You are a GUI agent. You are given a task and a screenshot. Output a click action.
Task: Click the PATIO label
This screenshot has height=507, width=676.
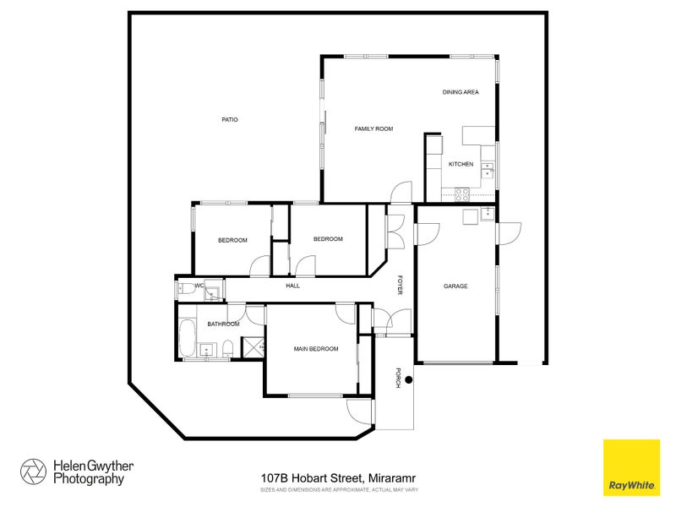(x=230, y=120)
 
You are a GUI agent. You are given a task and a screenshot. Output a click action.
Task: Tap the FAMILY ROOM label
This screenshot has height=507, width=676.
(x=373, y=128)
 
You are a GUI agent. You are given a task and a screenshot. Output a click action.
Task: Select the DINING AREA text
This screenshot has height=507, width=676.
(x=461, y=92)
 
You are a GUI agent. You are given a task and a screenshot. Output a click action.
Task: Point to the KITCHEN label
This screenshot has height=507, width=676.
(x=461, y=164)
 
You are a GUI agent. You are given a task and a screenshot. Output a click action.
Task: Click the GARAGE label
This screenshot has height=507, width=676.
(x=455, y=286)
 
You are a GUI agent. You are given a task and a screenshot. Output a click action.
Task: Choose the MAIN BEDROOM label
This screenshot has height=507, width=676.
(x=316, y=349)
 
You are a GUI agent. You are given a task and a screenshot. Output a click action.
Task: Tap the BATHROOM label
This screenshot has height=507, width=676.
(x=224, y=324)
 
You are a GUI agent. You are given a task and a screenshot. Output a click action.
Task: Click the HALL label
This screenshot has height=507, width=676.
(x=293, y=286)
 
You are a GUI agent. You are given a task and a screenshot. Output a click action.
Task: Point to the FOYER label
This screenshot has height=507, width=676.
(x=401, y=286)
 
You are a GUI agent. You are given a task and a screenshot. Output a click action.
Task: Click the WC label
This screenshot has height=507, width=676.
(x=199, y=286)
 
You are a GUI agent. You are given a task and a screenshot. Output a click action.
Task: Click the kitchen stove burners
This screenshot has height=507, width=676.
(x=462, y=193)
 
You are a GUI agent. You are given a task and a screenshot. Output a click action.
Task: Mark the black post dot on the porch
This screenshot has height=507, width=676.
(x=408, y=379)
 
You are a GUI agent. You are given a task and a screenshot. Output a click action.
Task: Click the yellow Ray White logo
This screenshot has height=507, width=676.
(x=630, y=467)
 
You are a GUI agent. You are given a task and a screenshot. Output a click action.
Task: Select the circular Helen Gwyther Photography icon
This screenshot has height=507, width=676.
(x=34, y=472)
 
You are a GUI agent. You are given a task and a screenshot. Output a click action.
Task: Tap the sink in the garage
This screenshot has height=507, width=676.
(x=487, y=215)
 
